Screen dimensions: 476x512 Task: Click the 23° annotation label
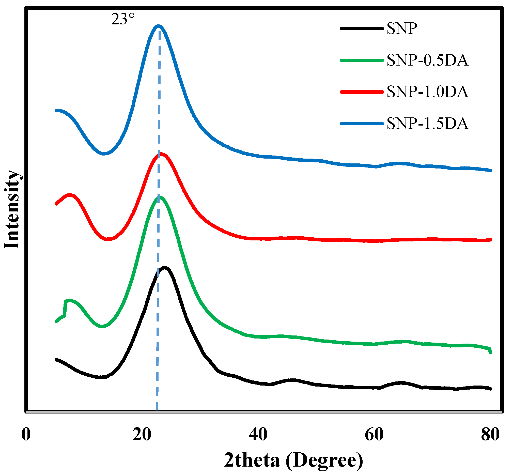click(x=123, y=20)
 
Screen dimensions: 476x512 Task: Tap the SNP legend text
click(x=402, y=29)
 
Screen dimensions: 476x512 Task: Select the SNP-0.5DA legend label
click(x=427, y=60)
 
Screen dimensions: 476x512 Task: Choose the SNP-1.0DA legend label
click(x=427, y=92)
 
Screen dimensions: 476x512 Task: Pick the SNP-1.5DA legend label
click(x=427, y=123)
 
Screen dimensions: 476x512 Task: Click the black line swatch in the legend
click(x=362, y=29)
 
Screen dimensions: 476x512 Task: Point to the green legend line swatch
click(x=362, y=60)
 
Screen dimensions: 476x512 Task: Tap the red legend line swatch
click(x=362, y=92)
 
